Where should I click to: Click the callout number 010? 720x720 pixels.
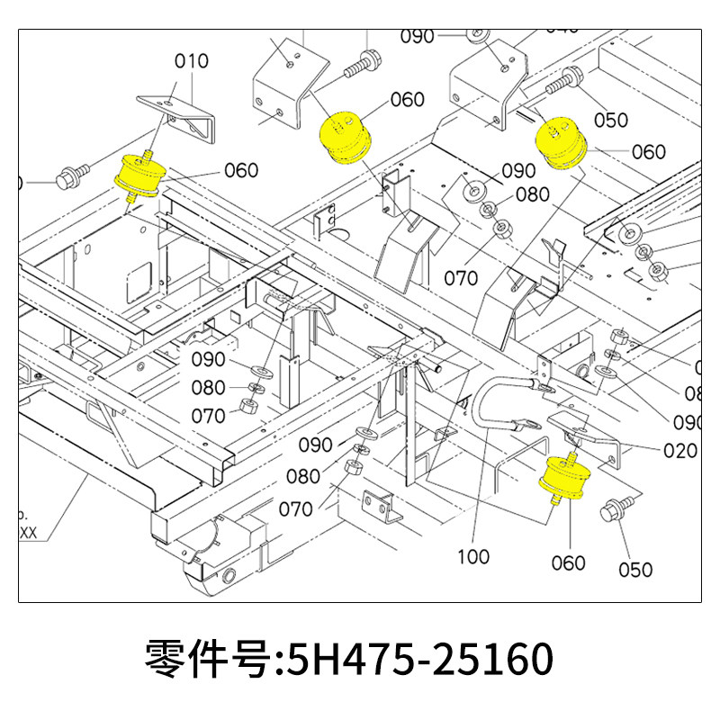pyautogui.click(x=191, y=61)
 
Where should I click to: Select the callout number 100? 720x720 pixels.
pyautogui.click(x=472, y=556)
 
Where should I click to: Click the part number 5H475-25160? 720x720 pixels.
pyautogui.click(x=418, y=660)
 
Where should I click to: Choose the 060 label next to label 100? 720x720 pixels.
pyautogui.click(x=568, y=563)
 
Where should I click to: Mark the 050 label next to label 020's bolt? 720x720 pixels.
pyautogui.click(x=635, y=569)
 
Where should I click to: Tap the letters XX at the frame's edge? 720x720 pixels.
pyautogui.click(x=27, y=532)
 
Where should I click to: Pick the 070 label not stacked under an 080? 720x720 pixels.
pyautogui.click(x=461, y=278)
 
